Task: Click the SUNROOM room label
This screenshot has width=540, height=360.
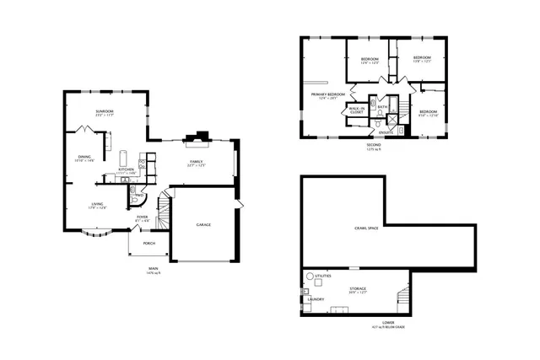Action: coord(105,110)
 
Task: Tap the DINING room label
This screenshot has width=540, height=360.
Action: coord(84,157)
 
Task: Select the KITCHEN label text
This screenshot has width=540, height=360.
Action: coord(126,169)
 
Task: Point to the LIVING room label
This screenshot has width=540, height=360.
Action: coord(98,204)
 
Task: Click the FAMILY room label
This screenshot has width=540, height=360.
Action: coord(196,160)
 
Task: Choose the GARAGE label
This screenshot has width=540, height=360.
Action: coord(203,224)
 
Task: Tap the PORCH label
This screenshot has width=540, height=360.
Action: coord(148,244)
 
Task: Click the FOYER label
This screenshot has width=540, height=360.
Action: coord(143,218)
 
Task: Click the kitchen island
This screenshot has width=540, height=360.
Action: coord(123,158)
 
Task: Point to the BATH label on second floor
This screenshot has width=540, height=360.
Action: coord(382,106)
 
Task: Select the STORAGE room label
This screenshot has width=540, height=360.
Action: coord(358,288)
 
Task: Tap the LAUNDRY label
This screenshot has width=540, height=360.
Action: coord(316,298)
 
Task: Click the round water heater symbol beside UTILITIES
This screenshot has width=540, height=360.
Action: coord(310,276)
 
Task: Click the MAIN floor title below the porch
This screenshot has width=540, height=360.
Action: coord(153,269)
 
